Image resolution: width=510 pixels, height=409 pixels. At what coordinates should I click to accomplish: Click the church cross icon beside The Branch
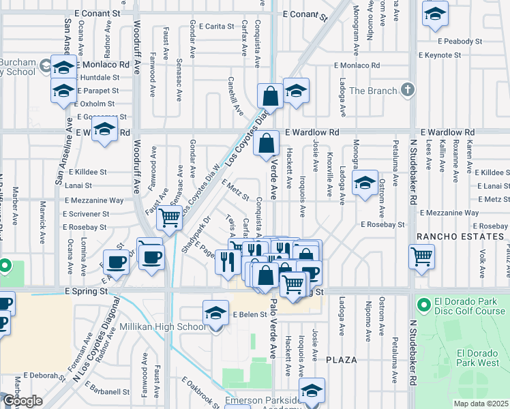click(408, 90)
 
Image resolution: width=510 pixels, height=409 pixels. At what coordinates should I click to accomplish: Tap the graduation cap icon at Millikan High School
click(215, 313)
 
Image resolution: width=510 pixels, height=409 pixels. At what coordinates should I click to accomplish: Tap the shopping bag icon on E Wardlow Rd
click(269, 143)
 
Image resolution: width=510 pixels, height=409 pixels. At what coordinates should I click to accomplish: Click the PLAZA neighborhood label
click(342, 359)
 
